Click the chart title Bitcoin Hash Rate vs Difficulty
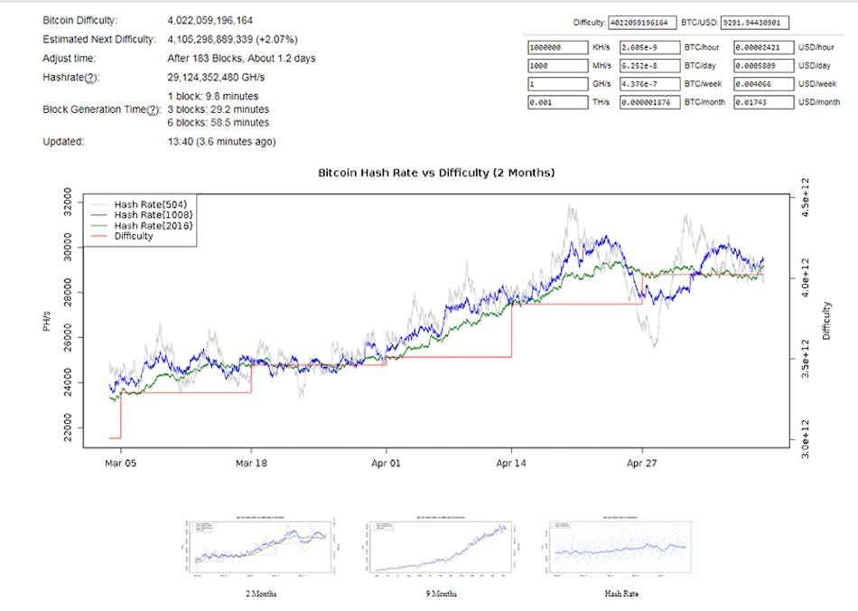[x=436, y=172]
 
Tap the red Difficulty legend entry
[x=134, y=236]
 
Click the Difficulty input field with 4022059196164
[x=641, y=22]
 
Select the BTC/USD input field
[x=755, y=22]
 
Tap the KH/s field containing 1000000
[x=555, y=47]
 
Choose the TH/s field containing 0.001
[x=555, y=102]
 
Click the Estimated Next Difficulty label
[x=99, y=40]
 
